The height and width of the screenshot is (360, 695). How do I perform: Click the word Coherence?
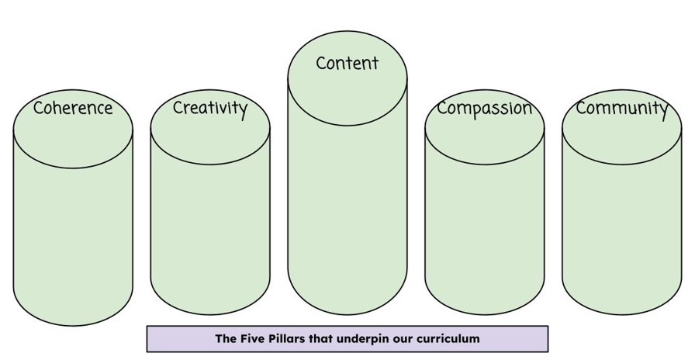73,108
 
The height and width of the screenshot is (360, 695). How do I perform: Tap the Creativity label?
209,108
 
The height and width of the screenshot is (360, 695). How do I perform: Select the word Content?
347,63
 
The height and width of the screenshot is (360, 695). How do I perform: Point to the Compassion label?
484,108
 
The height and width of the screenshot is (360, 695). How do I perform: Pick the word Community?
621,108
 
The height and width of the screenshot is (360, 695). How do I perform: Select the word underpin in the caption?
365,339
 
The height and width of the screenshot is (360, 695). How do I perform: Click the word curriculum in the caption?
448,338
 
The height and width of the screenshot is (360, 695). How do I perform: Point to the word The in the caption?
225,338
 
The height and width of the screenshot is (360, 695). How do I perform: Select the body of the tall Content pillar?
347,202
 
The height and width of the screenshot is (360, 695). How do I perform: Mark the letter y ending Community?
663,110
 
